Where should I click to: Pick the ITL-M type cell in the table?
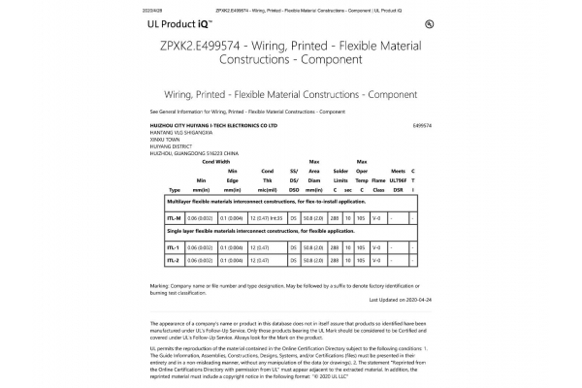(175, 219)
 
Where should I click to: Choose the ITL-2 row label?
(174, 260)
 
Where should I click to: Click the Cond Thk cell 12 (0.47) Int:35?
(265, 219)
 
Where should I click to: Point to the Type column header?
(175, 189)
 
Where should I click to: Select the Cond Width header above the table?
(215, 161)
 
